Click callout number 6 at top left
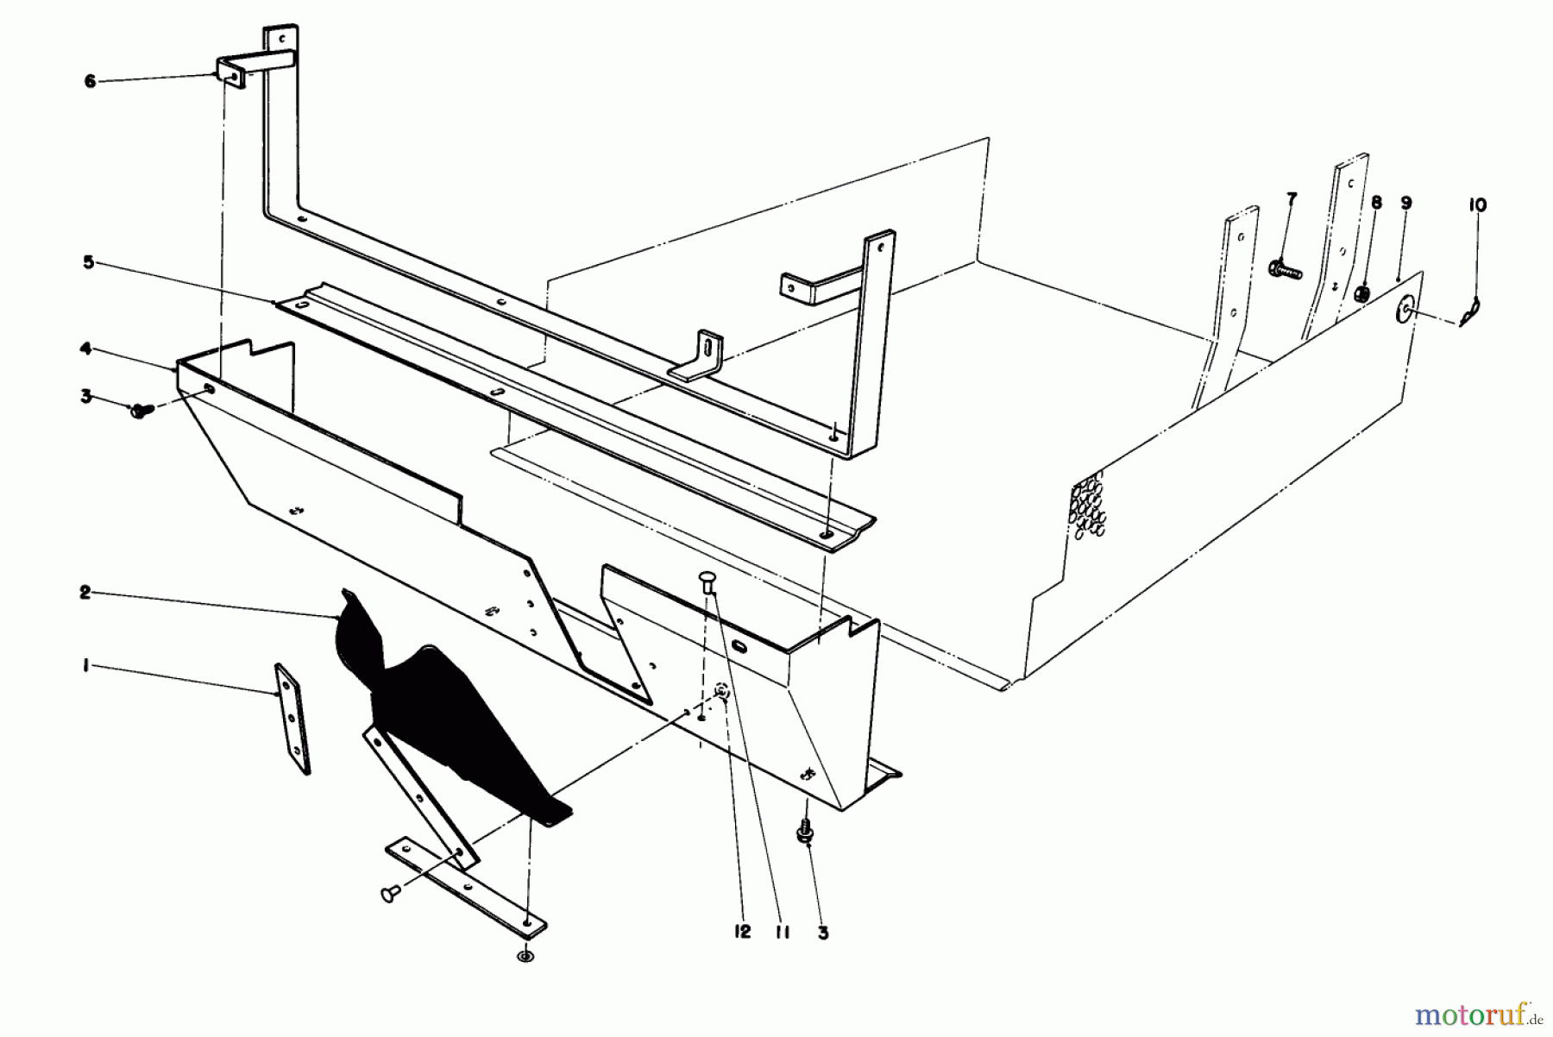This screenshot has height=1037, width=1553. click(x=90, y=81)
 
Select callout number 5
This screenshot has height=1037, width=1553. click(x=89, y=262)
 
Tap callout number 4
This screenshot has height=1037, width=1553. click(x=86, y=349)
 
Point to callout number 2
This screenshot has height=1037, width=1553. click(x=85, y=594)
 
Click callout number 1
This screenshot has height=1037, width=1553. click(x=86, y=666)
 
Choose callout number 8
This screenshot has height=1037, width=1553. click(x=1375, y=203)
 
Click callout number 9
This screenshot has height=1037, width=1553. click(x=1406, y=204)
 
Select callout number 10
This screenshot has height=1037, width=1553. click(x=1476, y=205)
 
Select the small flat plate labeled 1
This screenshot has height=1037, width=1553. click(x=292, y=718)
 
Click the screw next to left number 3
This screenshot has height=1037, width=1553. click(x=140, y=411)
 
